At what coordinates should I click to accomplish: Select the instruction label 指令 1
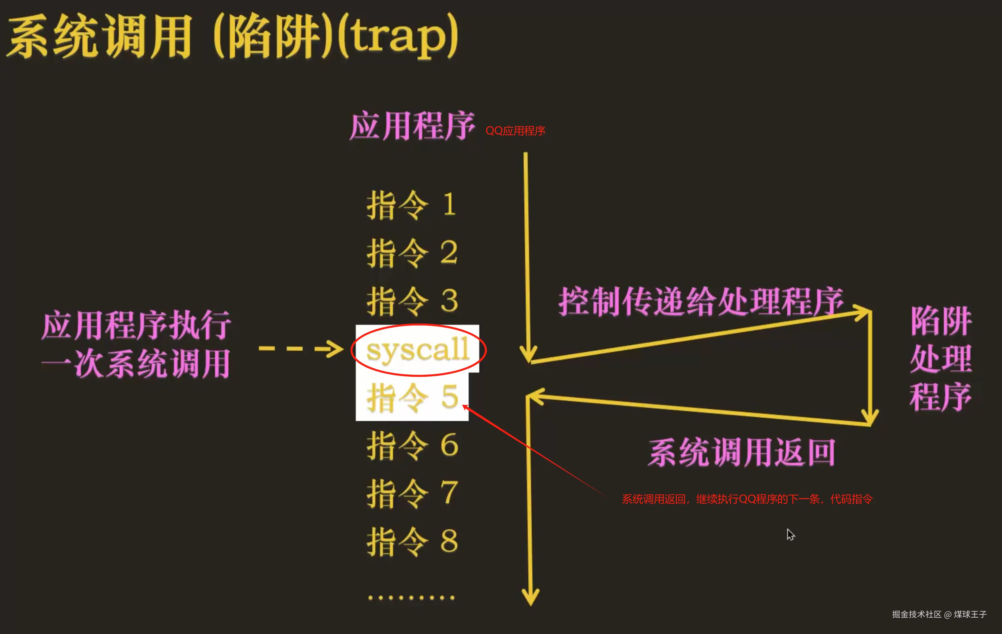(x=411, y=205)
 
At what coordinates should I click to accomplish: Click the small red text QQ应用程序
(x=515, y=131)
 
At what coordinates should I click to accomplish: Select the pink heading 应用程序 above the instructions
(x=412, y=126)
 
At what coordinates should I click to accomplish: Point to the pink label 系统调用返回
(x=741, y=453)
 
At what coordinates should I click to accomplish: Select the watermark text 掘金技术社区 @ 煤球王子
(x=939, y=614)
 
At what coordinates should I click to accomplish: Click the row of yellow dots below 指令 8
(x=411, y=598)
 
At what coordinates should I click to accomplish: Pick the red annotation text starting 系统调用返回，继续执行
(x=746, y=499)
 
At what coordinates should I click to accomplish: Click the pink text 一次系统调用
(x=136, y=364)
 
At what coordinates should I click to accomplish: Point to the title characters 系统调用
(x=100, y=36)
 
